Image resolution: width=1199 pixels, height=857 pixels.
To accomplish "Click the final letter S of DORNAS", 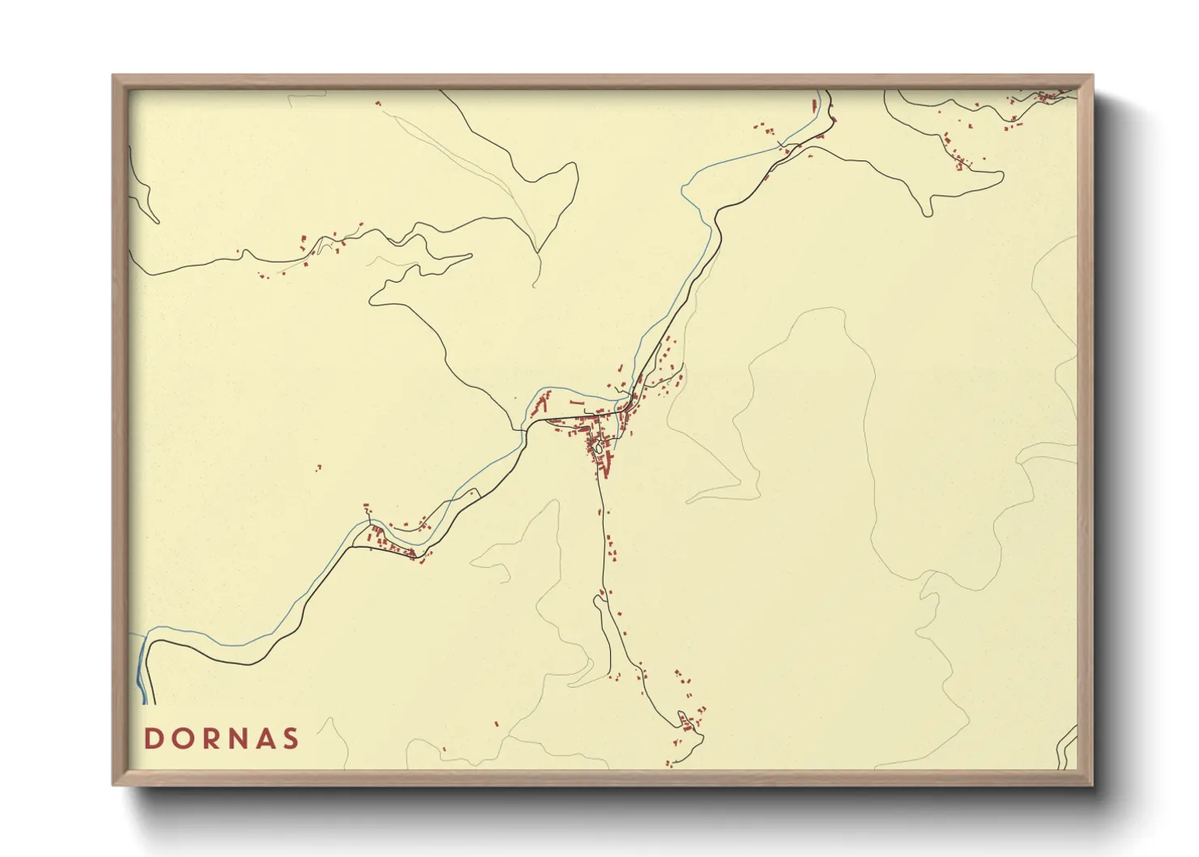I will (291, 739).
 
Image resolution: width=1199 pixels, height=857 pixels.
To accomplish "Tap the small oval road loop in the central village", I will (598, 445).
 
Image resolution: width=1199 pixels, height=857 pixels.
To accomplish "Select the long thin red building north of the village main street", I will (577, 402).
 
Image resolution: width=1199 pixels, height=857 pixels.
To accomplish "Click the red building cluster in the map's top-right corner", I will (1045, 97).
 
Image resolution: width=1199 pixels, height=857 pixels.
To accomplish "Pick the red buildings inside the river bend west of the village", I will (540, 402).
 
